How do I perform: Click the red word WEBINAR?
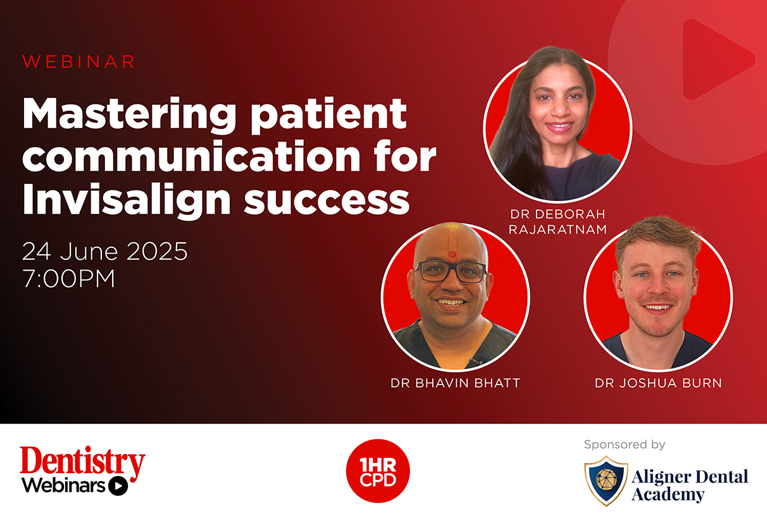(78, 61)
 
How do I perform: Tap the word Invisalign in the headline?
(127, 200)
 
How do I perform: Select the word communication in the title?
(191, 156)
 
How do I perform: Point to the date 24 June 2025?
(105, 252)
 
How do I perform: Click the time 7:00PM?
(68, 278)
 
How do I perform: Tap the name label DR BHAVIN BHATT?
(455, 383)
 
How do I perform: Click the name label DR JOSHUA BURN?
(658, 383)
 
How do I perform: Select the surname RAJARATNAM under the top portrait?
(558, 230)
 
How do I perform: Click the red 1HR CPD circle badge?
(378, 471)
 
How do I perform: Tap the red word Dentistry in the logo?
(82, 461)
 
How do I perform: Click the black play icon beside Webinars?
(118, 486)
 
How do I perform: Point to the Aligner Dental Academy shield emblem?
(606, 481)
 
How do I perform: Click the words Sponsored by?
(625, 445)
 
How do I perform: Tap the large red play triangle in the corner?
(716, 59)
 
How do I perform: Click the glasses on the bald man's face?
(451, 271)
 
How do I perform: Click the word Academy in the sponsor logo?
(668, 494)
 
